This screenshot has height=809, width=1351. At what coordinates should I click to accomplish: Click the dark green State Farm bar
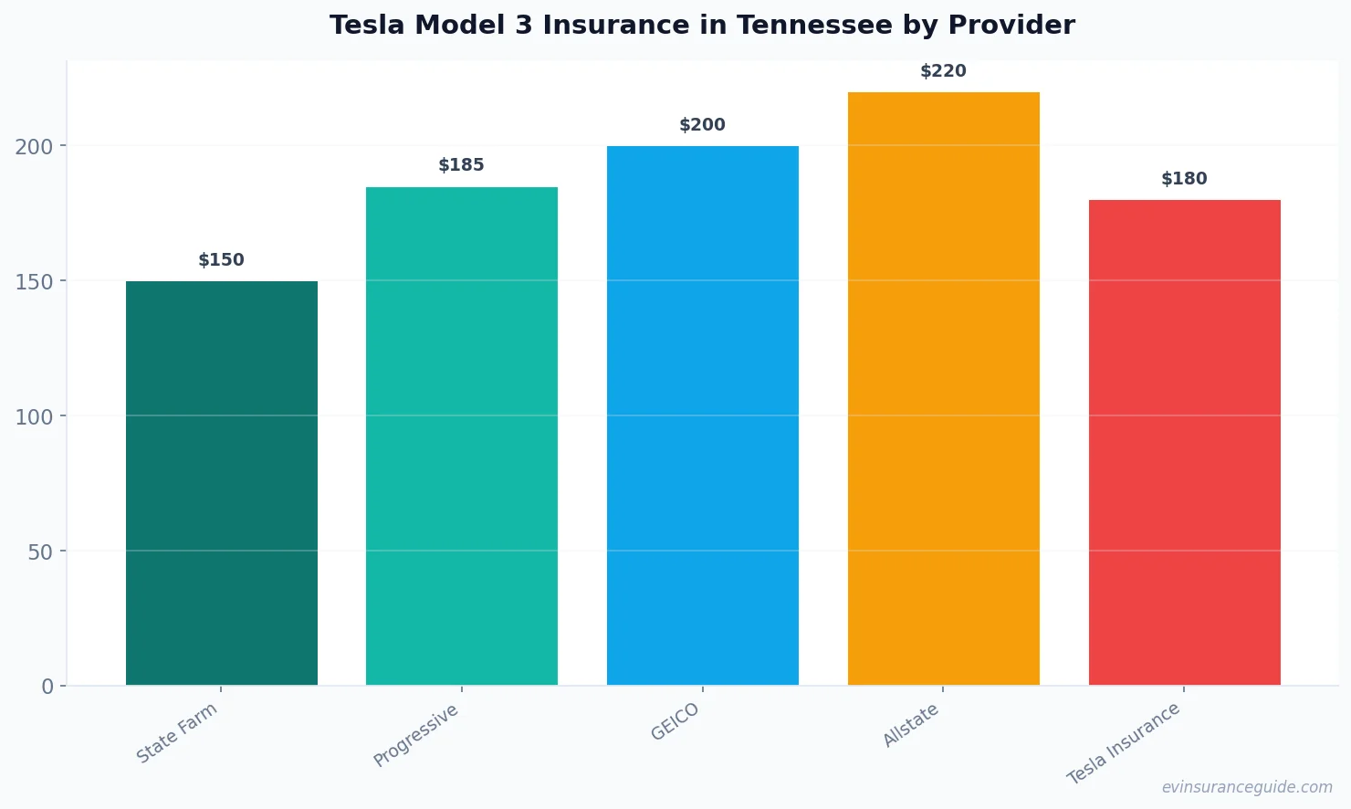tap(222, 483)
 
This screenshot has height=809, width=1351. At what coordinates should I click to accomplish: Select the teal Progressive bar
tap(462, 436)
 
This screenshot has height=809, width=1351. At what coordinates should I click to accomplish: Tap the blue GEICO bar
tap(703, 415)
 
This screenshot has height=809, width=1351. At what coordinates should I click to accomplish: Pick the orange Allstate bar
tap(943, 388)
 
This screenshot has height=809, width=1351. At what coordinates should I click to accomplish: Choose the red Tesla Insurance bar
tap(1184, 442)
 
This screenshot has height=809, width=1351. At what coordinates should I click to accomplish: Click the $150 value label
tap(222, 260)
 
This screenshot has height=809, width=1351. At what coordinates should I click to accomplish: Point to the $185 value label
tap(462, 165)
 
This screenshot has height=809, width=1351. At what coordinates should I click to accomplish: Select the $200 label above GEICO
tap(703, 125)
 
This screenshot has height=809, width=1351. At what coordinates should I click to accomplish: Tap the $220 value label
tap(943, 71)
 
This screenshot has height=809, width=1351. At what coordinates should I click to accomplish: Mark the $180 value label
tap(1184, 179)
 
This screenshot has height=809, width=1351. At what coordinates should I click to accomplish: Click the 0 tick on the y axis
tap(47, 687)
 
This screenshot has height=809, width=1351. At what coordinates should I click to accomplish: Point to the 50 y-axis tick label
tap(40, 552)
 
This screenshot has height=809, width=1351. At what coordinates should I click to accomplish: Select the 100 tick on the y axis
tap(34, 416)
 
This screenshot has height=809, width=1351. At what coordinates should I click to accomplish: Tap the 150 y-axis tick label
tap(34, 281)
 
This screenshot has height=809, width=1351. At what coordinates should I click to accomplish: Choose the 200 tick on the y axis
tap(34, 146)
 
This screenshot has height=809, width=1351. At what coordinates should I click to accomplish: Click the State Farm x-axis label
tap(177, 733)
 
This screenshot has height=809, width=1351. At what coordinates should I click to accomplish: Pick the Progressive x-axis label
tap(416, 736)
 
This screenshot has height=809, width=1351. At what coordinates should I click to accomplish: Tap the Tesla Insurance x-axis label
tap(1124, 743)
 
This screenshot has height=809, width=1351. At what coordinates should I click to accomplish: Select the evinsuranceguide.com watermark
tap(1247, 787)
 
